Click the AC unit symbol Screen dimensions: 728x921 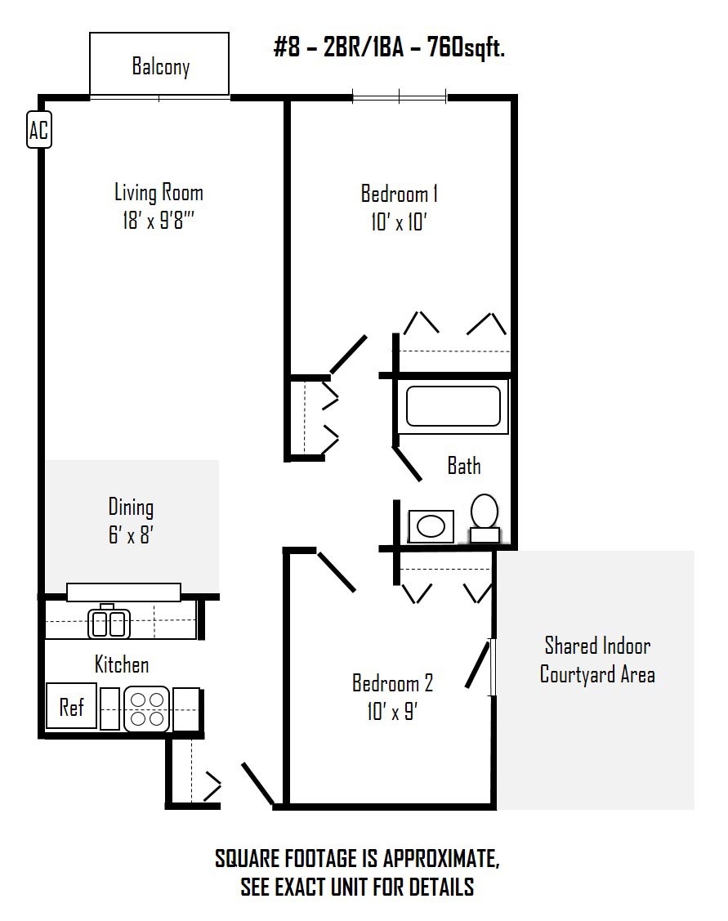(x=39, y=129)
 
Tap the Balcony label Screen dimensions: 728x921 (x=161, y=65)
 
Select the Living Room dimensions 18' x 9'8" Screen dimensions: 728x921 (x=158, y=221)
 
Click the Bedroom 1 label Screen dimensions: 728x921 (x=400, y=193)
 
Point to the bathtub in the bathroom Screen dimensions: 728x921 (x=453, y=405)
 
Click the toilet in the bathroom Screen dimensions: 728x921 (x=485, y=517)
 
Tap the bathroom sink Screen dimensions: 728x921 (x=431, y=526)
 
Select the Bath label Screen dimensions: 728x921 (x=464, y=466)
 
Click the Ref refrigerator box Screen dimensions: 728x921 (x=72, y=706)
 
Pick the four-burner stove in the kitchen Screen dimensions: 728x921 (x=147, y=709)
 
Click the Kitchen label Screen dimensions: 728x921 (x=122, y=664)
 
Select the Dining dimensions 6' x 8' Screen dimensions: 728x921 (x=131, y=535)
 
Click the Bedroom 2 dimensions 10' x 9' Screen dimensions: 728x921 (x=392, y=711)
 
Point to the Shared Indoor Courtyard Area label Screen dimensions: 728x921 (x=597, y=659)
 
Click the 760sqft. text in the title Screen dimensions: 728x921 (x=467, y=47)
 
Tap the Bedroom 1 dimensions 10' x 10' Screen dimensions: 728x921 (x=399, y=222)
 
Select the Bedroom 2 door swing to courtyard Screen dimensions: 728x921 (x=477, y=664)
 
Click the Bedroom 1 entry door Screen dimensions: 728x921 (x=349, y=354)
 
